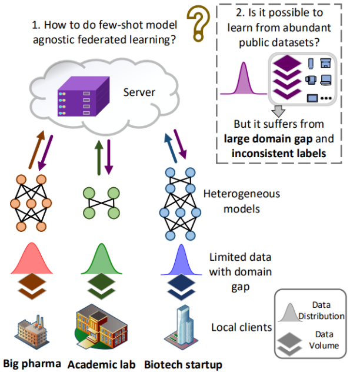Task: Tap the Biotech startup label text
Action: (183, 365)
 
